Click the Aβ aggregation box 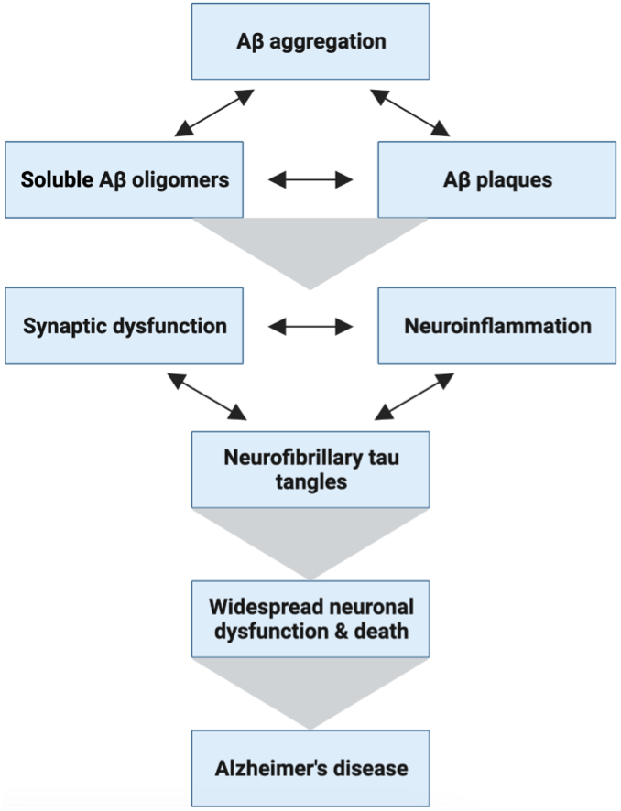310,41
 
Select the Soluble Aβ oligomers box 125,179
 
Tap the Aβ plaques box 496,179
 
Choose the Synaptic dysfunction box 125,325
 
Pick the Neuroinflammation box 496,325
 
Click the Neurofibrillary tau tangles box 310,470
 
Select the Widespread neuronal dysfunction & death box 310,619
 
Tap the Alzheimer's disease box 310,768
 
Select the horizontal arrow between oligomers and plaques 310,179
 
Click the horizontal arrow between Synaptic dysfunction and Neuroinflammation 310,325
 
